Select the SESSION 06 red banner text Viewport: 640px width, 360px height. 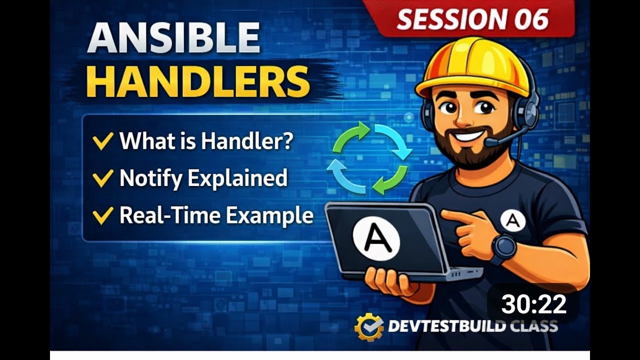[472, 19]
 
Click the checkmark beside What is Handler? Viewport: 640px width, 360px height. [102, 142]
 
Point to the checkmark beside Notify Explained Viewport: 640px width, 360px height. [102, 178]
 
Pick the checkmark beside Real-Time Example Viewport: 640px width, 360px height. [102, 215]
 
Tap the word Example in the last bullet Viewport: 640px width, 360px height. [269, 215]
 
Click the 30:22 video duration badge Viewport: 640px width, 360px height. [533, 304]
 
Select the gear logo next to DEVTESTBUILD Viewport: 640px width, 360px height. [369, 327]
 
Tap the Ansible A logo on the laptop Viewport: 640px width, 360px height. [376, 239]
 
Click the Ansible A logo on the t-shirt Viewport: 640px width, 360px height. [512, 220]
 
